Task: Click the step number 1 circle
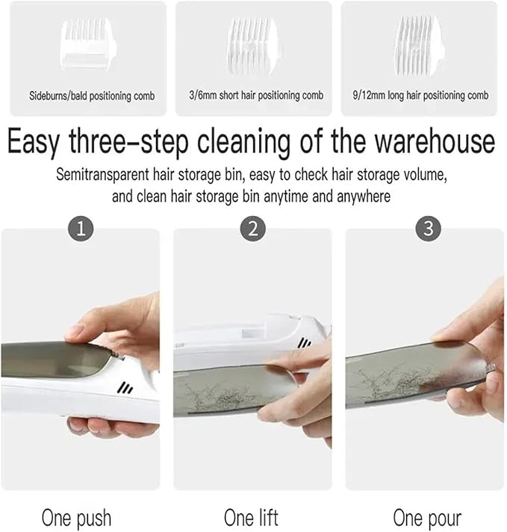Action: click(81, 229)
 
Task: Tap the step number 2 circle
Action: click(253, 229)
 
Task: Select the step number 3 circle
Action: click(429, 229)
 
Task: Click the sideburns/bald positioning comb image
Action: click(88, 44)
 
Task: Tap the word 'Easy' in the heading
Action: click(34, 143)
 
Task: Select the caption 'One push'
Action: click(76, 518)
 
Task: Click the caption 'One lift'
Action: click(252, 517)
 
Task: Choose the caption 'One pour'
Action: click(427, 518)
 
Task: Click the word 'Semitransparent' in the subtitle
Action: click(102, 175)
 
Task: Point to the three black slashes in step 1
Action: click(125, 388)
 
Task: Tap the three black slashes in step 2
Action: click(305, 343)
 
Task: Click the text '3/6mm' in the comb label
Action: click(203, 96)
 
